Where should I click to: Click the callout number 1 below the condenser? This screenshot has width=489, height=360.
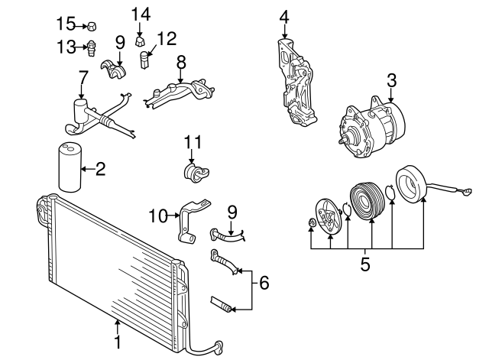(118, 342)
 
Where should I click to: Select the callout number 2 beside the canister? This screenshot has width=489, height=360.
(100, 169)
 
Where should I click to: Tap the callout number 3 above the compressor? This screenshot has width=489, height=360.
(391, 81)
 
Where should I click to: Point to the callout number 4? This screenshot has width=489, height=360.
(284, 17)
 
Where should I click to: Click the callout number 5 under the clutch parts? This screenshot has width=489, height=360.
(365, 265)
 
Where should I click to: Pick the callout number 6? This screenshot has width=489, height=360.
(264, 284)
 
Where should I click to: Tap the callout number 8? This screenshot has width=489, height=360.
(181, 60)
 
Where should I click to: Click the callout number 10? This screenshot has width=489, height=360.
(157, 216)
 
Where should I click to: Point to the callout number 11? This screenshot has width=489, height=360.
(192, 142)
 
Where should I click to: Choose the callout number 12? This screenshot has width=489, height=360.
(167, 38)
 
